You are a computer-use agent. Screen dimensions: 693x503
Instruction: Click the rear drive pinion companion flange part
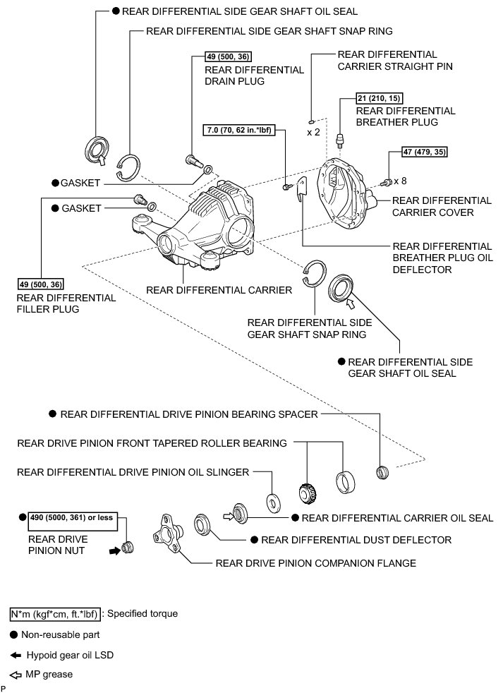pyautogui.click(x=167, y=529)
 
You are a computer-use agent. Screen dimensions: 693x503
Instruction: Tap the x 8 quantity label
pyautogui.click(x=400, y=181)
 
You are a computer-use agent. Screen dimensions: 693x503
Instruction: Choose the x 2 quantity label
pyautogui.click(x=314, y=132)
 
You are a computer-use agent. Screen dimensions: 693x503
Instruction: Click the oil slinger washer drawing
pyautogui.click(x=272, y=502)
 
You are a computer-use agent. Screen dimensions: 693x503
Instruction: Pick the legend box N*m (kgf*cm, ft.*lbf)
pyautogui.click(x=56, y=614)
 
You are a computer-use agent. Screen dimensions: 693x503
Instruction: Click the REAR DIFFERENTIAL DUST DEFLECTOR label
pyautogui.click(x=356, y=540)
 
